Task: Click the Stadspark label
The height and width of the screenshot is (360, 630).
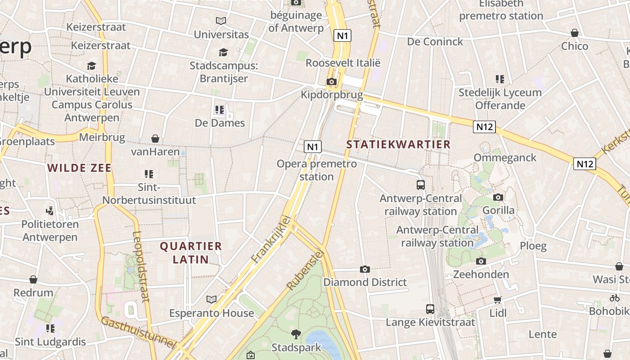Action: click(296, 347)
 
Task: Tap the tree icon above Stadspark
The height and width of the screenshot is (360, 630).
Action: click(296, 334)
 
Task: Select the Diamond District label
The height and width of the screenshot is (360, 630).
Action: click(365, 282)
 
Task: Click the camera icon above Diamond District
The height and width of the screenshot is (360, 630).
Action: click(365, 269)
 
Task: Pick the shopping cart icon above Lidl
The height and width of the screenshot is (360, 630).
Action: click(497, 300)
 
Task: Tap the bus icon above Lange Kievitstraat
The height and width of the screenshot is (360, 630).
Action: click(430, 309)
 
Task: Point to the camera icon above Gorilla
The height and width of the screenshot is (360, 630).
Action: click(498, 197)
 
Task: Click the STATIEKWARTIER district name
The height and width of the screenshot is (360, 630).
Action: click(399, 144)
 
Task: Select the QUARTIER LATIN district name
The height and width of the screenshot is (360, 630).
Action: click(191, 252)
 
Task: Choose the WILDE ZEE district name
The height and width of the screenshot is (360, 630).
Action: click(80, 168)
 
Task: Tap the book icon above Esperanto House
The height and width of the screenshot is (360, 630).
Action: click(211, 299)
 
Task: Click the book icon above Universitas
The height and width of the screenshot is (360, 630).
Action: click(221, 21)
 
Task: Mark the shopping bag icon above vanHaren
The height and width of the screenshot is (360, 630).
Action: click(155, 138)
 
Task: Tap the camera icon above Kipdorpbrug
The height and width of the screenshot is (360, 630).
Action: click(332, 81)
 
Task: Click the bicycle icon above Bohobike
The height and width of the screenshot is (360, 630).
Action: click(615, 298)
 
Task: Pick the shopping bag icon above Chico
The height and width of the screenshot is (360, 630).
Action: click(575, 33)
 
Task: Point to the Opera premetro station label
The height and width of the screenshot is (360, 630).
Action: click(316, 170)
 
